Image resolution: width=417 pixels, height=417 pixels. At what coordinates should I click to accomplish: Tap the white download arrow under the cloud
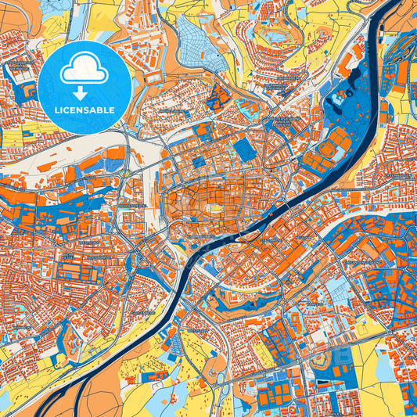[x=84, y=92]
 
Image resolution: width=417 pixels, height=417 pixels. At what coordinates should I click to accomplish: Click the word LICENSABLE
[x=84, y=110]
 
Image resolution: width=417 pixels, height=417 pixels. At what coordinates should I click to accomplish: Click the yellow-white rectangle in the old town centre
[x=213, y=208]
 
